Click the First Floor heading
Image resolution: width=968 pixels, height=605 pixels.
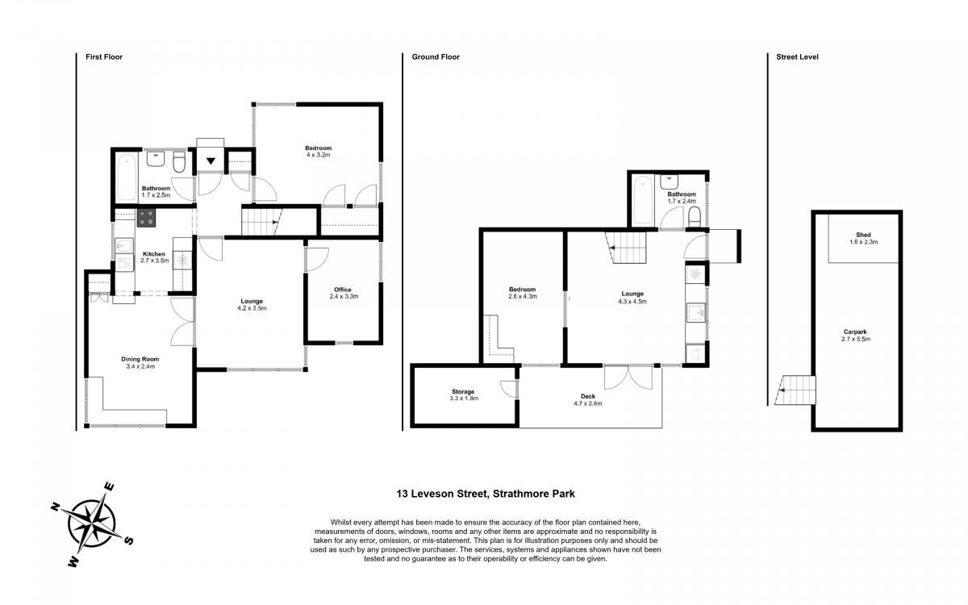104,57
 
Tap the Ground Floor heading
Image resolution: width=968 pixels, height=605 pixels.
436,57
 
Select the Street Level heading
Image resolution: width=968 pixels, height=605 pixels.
797,57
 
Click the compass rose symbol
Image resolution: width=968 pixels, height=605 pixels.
92,525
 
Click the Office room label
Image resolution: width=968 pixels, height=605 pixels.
343,290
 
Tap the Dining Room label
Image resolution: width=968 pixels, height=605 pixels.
140,359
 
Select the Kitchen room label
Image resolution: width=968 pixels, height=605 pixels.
154,254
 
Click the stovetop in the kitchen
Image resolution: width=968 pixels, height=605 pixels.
147,219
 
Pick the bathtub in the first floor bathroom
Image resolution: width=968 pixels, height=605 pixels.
127,177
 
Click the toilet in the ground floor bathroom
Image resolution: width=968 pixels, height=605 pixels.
694,216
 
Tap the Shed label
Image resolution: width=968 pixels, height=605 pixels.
863,235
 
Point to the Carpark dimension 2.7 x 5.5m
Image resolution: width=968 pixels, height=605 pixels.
856,340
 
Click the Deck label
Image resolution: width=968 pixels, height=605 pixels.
588,396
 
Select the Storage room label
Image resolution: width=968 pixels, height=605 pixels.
463,391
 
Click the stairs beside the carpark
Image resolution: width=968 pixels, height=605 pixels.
795,390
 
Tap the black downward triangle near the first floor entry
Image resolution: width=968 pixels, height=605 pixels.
211,161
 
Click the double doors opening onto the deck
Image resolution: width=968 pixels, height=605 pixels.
628,378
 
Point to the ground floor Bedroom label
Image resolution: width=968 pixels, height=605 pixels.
522,290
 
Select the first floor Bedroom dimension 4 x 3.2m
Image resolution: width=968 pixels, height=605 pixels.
319,155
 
